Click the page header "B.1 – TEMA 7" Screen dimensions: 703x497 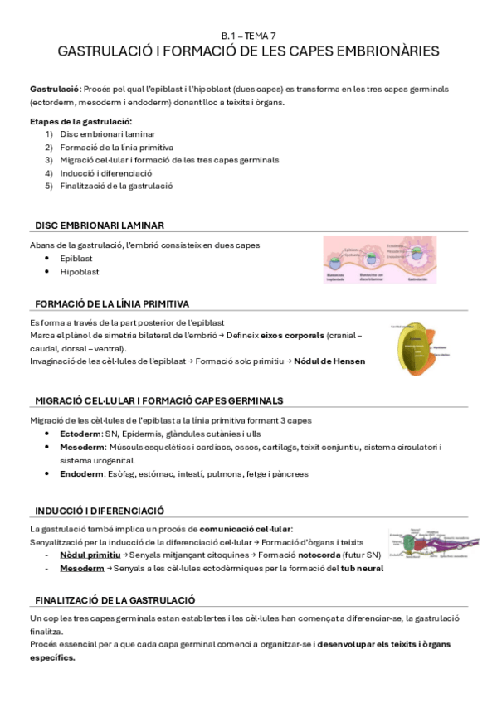(248, 36)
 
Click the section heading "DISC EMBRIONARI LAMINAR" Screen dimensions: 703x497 (99, 225)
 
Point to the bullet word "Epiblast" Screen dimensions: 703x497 (76, 259)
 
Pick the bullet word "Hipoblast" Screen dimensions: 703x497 (79, 271)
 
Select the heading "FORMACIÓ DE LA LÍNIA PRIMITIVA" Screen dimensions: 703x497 (111, 303)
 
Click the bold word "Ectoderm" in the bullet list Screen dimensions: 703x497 (80, 434)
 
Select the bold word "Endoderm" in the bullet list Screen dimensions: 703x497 (81, 474)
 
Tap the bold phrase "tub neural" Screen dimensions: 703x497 (362, 568)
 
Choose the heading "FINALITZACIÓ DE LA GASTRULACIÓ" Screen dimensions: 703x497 (115, 599)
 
